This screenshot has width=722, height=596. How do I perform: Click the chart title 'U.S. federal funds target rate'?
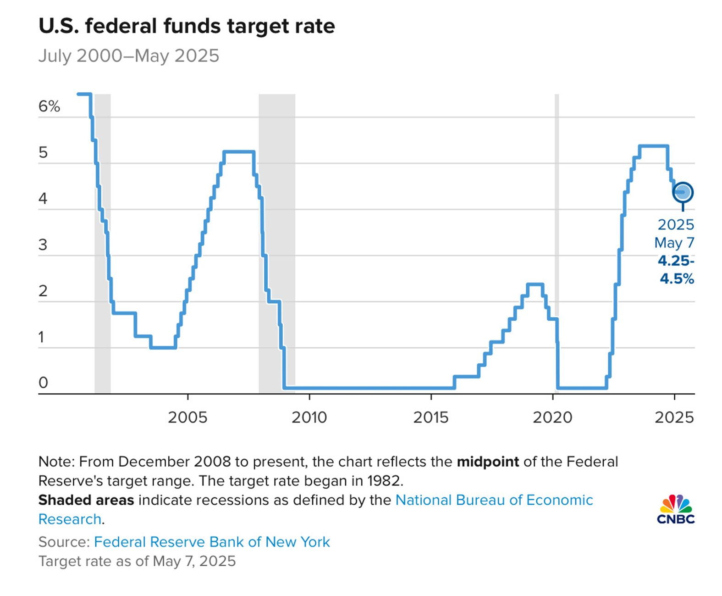[x=187, y=26]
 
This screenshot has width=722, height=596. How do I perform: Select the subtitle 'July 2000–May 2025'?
[x=129, y=56]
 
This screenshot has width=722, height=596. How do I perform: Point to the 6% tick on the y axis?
[x=49, y=106]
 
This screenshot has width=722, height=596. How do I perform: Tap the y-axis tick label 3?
[x=43, y=245]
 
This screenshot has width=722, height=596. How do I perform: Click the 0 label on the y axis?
[x=43, y=383]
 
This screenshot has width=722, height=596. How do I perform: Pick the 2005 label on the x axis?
[x=187, y=418]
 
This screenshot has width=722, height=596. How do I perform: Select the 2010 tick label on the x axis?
[x=309, y=418]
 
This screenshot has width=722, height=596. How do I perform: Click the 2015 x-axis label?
[x=431, y=418]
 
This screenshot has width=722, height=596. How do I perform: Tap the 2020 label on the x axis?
[x=552, y=418]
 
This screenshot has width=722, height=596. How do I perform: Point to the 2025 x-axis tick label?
[x=674, y=418]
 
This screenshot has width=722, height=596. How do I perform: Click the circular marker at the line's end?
[x=683, y=192]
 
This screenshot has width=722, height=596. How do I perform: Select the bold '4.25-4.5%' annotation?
[x=677, y=270]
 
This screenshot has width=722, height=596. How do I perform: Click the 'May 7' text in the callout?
[x=674, y=243]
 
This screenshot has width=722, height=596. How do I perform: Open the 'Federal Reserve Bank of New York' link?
[x=212, y=542]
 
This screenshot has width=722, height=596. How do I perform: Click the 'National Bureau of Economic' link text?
[x=494, y=500]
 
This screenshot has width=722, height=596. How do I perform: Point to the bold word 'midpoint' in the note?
[x=488, y=462]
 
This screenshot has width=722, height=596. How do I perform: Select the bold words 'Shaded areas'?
[x=86, y=500]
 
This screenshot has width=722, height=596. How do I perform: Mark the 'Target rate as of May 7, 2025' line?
[x=137, y=561]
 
